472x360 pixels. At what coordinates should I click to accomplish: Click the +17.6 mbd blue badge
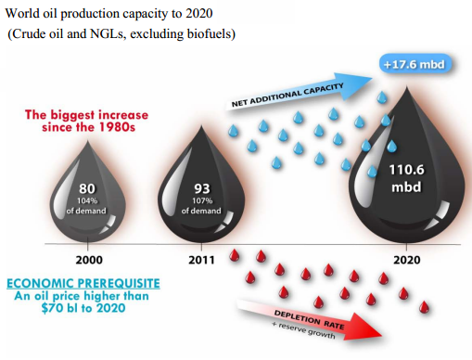point(417,66)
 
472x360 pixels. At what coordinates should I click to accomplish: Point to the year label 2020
point(407,261)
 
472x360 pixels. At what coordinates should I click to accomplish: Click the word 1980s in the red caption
point(121,127)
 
